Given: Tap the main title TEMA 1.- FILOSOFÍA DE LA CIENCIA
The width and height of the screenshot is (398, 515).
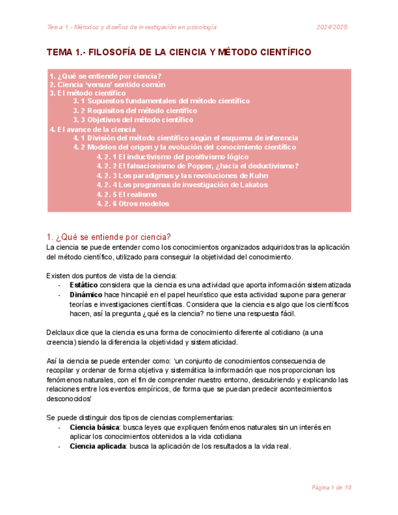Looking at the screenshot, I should (x=179, y=53).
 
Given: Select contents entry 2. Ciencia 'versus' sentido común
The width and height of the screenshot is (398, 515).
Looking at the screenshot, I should (x=107, y=85).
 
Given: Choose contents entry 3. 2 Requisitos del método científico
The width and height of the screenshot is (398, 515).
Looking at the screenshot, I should (x=135, y=111).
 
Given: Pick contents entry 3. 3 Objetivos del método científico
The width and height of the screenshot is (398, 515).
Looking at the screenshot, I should (x=132, y=120).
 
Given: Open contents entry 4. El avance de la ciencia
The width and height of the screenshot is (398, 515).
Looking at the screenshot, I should (x=92, y=129).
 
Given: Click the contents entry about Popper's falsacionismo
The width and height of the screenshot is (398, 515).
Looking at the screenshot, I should (x=197, y=166).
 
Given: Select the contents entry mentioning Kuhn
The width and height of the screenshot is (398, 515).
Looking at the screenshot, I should (x=182, y=176).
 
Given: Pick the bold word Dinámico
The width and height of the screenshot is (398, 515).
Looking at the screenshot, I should (x=86, y=295).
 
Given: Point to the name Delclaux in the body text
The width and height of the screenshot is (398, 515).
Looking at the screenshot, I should (x=61, y=332).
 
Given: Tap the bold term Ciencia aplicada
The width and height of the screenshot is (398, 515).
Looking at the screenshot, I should (x=97, y=446).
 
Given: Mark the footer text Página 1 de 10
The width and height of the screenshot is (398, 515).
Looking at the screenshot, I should (x=331, y=488).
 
